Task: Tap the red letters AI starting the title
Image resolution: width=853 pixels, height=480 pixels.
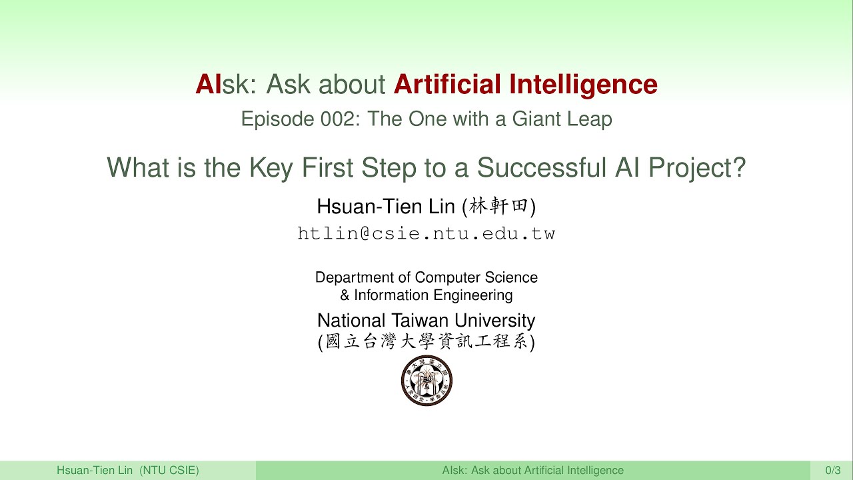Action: click(208, 85)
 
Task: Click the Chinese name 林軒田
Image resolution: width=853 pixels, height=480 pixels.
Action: click(499, 207)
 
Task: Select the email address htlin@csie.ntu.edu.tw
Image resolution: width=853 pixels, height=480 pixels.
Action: click(426, 233)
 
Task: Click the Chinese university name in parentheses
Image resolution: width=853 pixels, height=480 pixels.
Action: click(426, 342)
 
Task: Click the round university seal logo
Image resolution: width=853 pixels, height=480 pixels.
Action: click(426, 381)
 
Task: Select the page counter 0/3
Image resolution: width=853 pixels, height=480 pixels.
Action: click(832, 471)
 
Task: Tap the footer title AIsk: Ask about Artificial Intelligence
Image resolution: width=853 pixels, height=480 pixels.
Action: click(532, 471)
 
